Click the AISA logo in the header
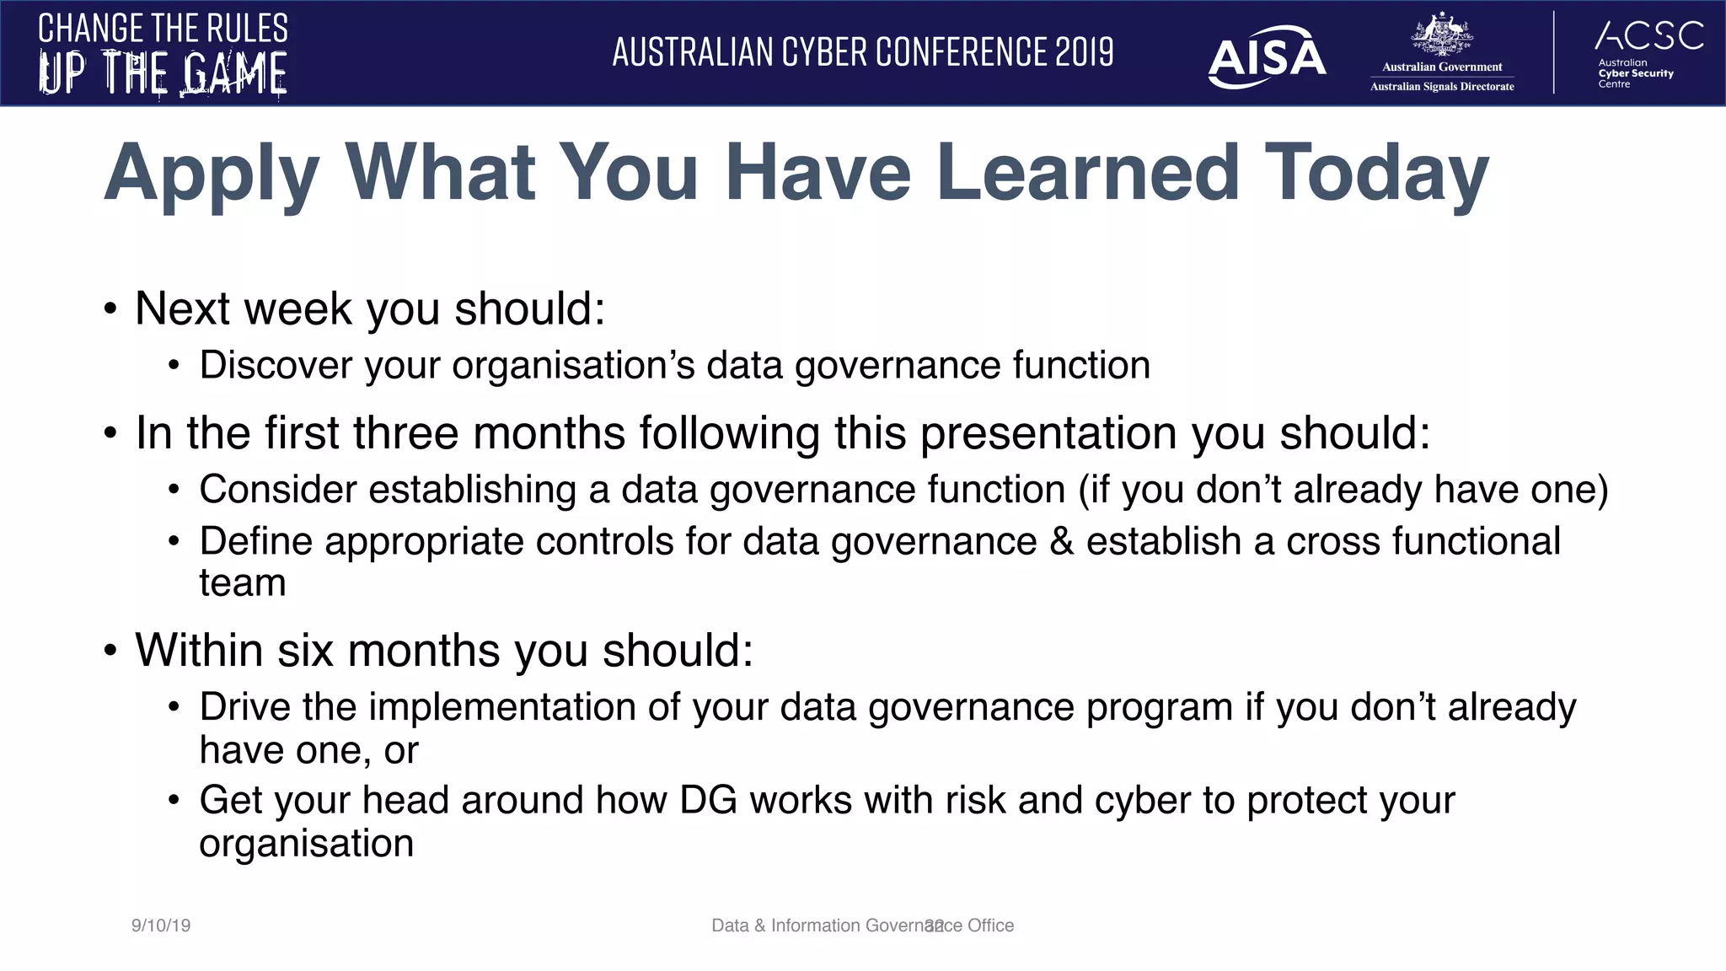coord(1266,57)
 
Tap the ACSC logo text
coord(1649,35)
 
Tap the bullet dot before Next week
coord(110,310)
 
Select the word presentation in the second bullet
coord(1048,433)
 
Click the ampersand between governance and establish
coord(1061,541)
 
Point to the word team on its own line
coord(243,583)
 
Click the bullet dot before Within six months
coord(110,652)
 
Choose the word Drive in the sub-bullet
coord(244,706)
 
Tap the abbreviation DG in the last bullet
coord(708,800)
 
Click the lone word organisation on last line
coord(306,844)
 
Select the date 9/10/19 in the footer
coord(161,925)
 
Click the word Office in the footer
coord(991,925)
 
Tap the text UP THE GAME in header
coord(163,72)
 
